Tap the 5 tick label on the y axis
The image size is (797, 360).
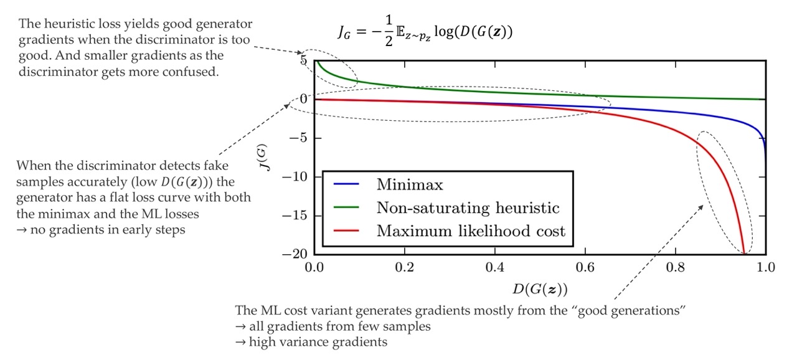[x=303, y=60]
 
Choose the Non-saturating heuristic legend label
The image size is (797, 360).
[x=468, y=207]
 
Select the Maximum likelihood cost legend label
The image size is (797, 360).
[x=471, y=231]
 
